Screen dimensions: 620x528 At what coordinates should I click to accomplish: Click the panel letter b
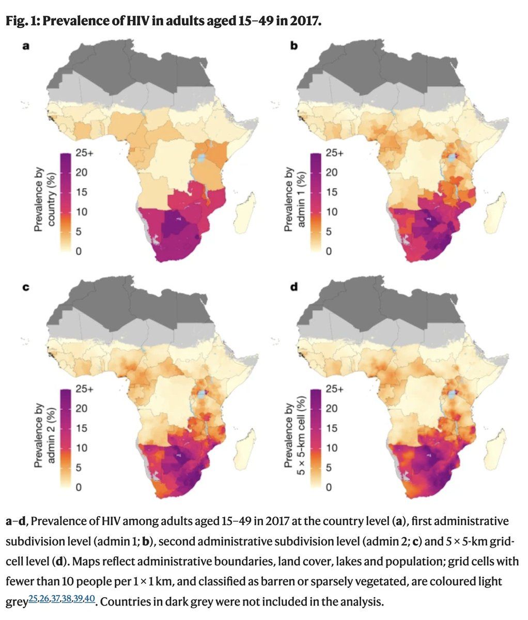coord(294,46)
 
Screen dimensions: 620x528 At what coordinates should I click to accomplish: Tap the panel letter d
coord(294,286)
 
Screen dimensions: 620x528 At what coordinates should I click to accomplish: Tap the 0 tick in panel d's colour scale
coord(328,487)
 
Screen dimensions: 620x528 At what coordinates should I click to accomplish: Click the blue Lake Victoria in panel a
coord(203,156)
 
